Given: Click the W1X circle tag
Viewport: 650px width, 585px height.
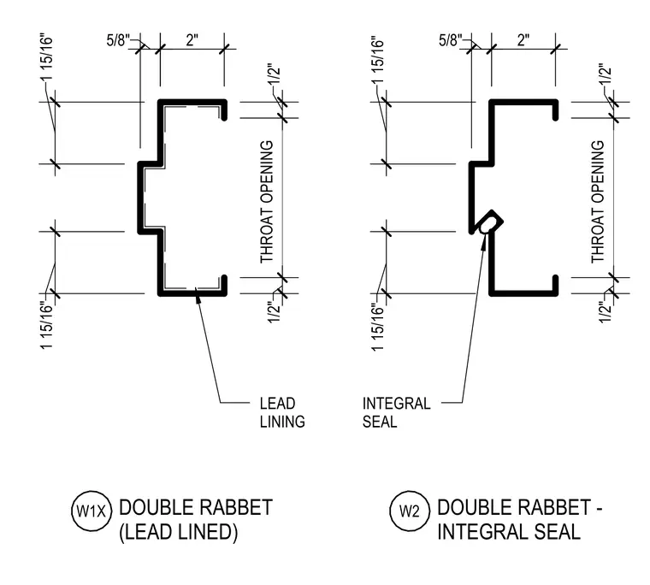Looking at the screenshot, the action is tap(92, 511).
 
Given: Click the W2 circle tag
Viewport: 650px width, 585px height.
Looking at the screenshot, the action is tap(410, 511).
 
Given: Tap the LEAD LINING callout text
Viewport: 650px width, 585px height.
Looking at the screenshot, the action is tap(282, 412).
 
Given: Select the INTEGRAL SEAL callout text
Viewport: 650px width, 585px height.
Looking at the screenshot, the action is tap(396, 412).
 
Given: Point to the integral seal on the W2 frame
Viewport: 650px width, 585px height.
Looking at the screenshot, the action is tap(490, 223).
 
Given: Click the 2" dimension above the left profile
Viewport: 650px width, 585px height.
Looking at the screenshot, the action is tap(192, 40).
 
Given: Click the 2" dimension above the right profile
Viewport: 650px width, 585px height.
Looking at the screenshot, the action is tap(523, 40).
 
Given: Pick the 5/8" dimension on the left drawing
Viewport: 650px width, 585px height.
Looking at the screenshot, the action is tap(118, 40).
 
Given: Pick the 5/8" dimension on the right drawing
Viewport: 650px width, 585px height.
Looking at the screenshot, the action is tap(450, 40).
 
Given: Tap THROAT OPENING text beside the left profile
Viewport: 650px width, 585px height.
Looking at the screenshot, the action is tap(267, 202).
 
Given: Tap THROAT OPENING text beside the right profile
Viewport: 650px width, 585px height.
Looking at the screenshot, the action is tap(598, 202).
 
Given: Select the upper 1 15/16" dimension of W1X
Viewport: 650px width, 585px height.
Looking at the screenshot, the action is tap(47, 57).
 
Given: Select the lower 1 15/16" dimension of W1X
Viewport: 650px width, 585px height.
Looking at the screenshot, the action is tap(47, 326).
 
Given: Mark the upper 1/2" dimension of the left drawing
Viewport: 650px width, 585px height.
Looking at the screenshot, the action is tap(275, 74).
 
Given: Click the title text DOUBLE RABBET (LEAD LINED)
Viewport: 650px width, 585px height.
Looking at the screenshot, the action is tap(196, 520).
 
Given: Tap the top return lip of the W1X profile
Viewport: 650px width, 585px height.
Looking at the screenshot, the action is tap(224, 109).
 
